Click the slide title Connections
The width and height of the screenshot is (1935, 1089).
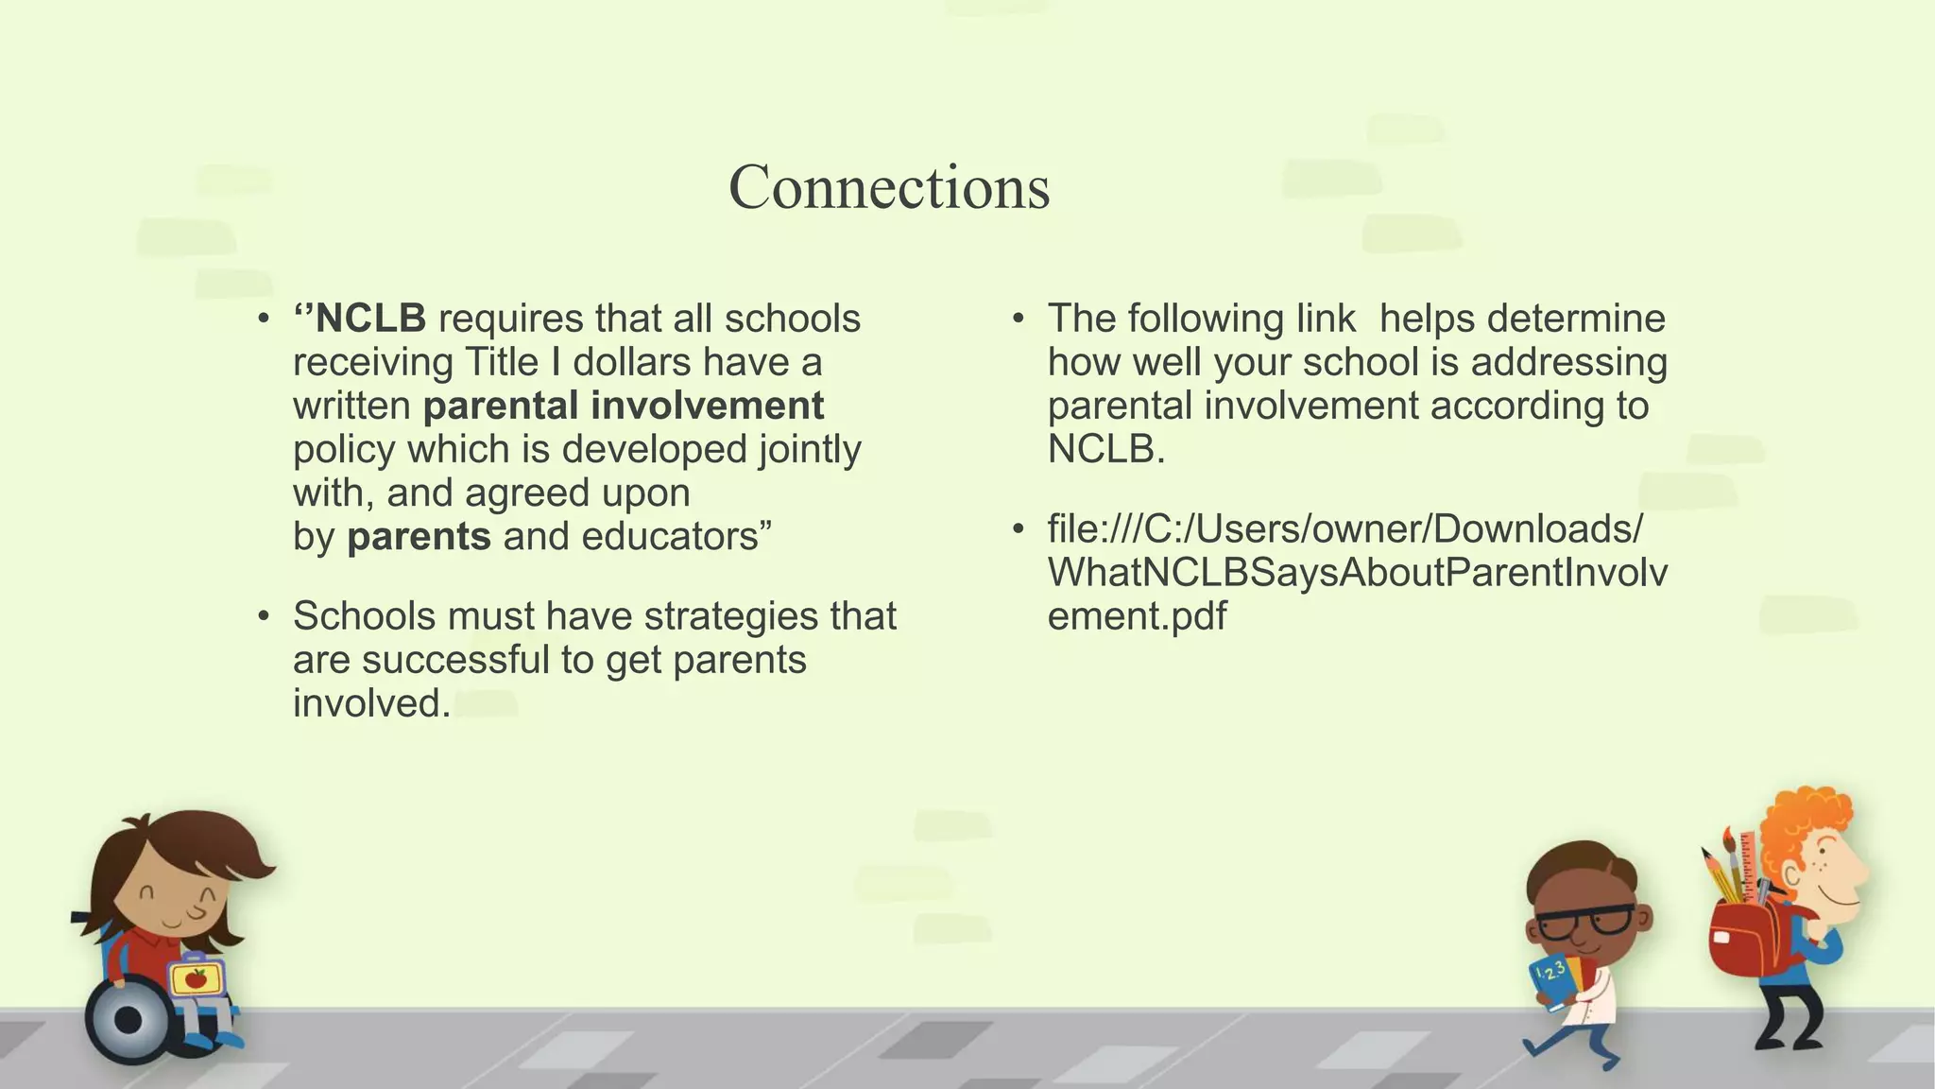tap(888, 187)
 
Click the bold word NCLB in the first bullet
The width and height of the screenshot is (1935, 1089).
tap(370, 320)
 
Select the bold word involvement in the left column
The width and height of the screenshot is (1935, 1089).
tap(708, 406)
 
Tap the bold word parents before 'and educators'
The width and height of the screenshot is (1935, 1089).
tap(419, 537)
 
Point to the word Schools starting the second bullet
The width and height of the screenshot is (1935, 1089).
tap(364, 616)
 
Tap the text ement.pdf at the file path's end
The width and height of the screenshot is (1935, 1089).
tap(1137, 616)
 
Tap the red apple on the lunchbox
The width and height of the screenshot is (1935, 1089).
tap(196, 978)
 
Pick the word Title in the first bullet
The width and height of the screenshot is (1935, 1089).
tap(502, 363)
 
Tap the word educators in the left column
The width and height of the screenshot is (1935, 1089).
tap(670, 537)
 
